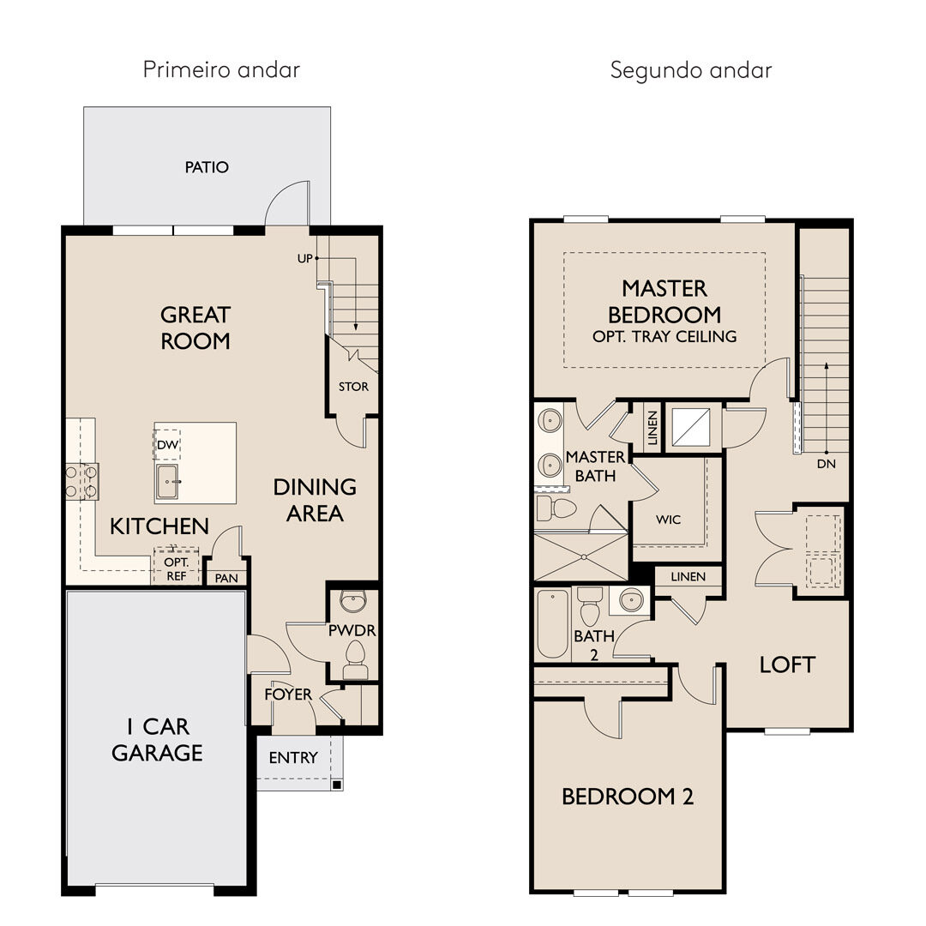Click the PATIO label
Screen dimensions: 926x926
tap(207, 167)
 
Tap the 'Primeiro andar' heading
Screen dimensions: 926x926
tap(221, 69)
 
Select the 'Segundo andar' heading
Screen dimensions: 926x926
tap(691, 70)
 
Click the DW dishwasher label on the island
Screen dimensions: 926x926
tap(168, 445)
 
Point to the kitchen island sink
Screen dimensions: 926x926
tap(167, 481)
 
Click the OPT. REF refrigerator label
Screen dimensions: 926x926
tap(177, 568)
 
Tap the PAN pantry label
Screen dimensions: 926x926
tap(226, 578)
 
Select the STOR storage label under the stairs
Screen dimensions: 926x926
tap(353, 387)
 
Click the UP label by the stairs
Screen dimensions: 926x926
tap(304, 259)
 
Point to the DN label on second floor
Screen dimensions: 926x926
tap(827, 464)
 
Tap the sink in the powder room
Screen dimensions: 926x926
tap(353, 602)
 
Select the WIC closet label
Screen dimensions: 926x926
tap(669, 520)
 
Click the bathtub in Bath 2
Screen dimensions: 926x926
tap(553, 624)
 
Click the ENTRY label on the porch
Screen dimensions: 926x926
tap(293, 758)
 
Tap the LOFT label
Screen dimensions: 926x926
tap(787, 665)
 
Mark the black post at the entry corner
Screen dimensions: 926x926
tap(337, 785)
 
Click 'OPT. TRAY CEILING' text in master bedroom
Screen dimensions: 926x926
tap(665, 337)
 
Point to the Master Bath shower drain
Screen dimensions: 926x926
tap(584, 556)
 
